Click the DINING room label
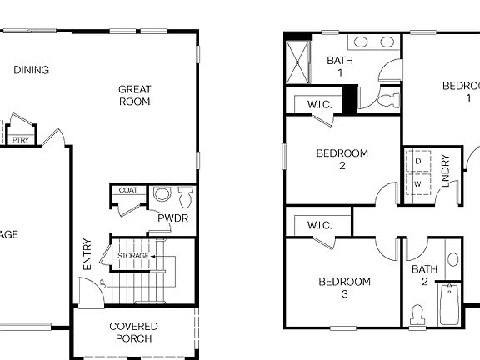(x=31, y=70)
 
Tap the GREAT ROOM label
(x=134, y=96)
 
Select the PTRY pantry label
(x=21, y=140)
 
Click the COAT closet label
(x=127, y=191)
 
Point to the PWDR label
(x=172, y=218)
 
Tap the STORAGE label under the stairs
(x=133, y=255)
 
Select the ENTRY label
(x=87, y=254)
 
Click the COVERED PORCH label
(x=133, y=332)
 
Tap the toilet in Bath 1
(x=384, y=101)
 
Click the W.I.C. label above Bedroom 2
(x=320, y=105)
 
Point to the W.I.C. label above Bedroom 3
(x=320, y=225)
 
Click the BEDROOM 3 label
(x=345, y=287)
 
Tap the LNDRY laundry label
(x=446, y=171)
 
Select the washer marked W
(x=417, y=182)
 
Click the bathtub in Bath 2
(x=449, y=305)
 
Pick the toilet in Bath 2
(x=417, y=314)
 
